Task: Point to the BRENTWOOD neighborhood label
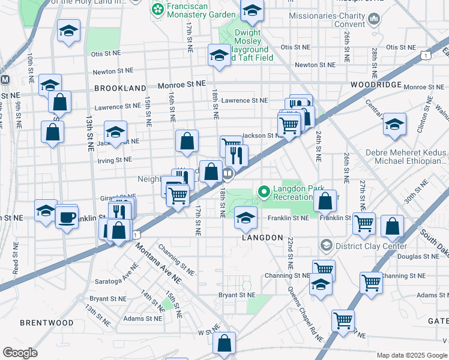click(x=46, y=323)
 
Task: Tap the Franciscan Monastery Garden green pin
click(x=157, y=9)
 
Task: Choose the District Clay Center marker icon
click(x=325, y=245)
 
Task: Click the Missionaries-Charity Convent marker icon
click(x=375, y=19)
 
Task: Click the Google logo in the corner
click(x=20, y=353)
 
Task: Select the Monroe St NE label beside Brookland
click(x=181, y=85)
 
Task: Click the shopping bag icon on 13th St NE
click(x=53, y=133)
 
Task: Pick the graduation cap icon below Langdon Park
click(x=245, y=218)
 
